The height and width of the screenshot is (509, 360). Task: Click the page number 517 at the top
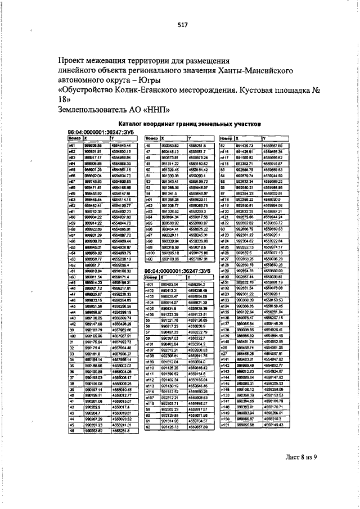click(x=182, y=24)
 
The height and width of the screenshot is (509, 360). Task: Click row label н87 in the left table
click(x=72, y=182)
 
